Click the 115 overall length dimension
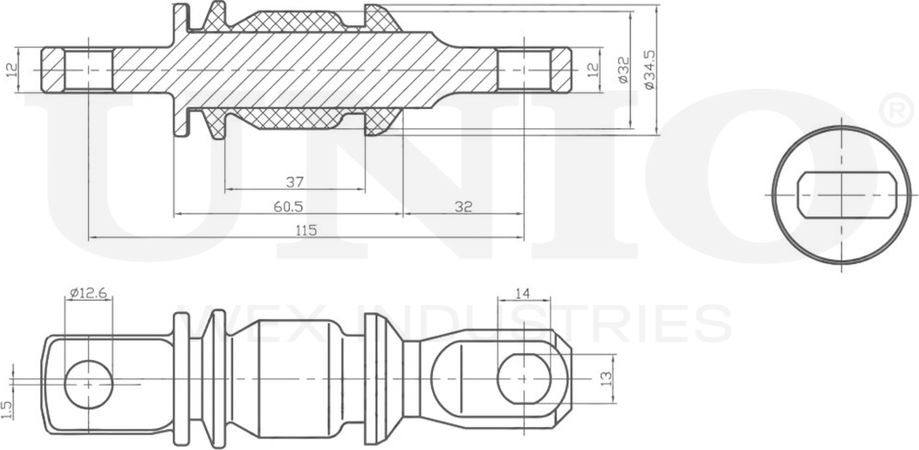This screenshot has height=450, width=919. click(x=305, y=230)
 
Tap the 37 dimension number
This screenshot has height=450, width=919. click(x=294, y=182)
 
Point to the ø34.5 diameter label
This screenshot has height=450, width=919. click(x=648, y=69)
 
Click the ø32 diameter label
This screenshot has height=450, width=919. click(x=623, y=69)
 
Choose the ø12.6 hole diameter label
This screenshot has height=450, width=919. click(x=87, y=293)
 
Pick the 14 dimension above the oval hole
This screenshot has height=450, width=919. click(x=522, y=295)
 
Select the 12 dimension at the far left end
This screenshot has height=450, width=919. click(x=11, y=69)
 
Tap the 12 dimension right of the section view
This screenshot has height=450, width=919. click(x=593, y=69)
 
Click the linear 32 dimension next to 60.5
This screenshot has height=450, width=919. click(x=463, y=207)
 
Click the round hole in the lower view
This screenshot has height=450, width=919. click(x=88, y=382)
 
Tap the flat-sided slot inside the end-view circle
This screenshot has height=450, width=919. click(x=841, y=194)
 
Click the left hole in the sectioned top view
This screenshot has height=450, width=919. click(x=88, y=69)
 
